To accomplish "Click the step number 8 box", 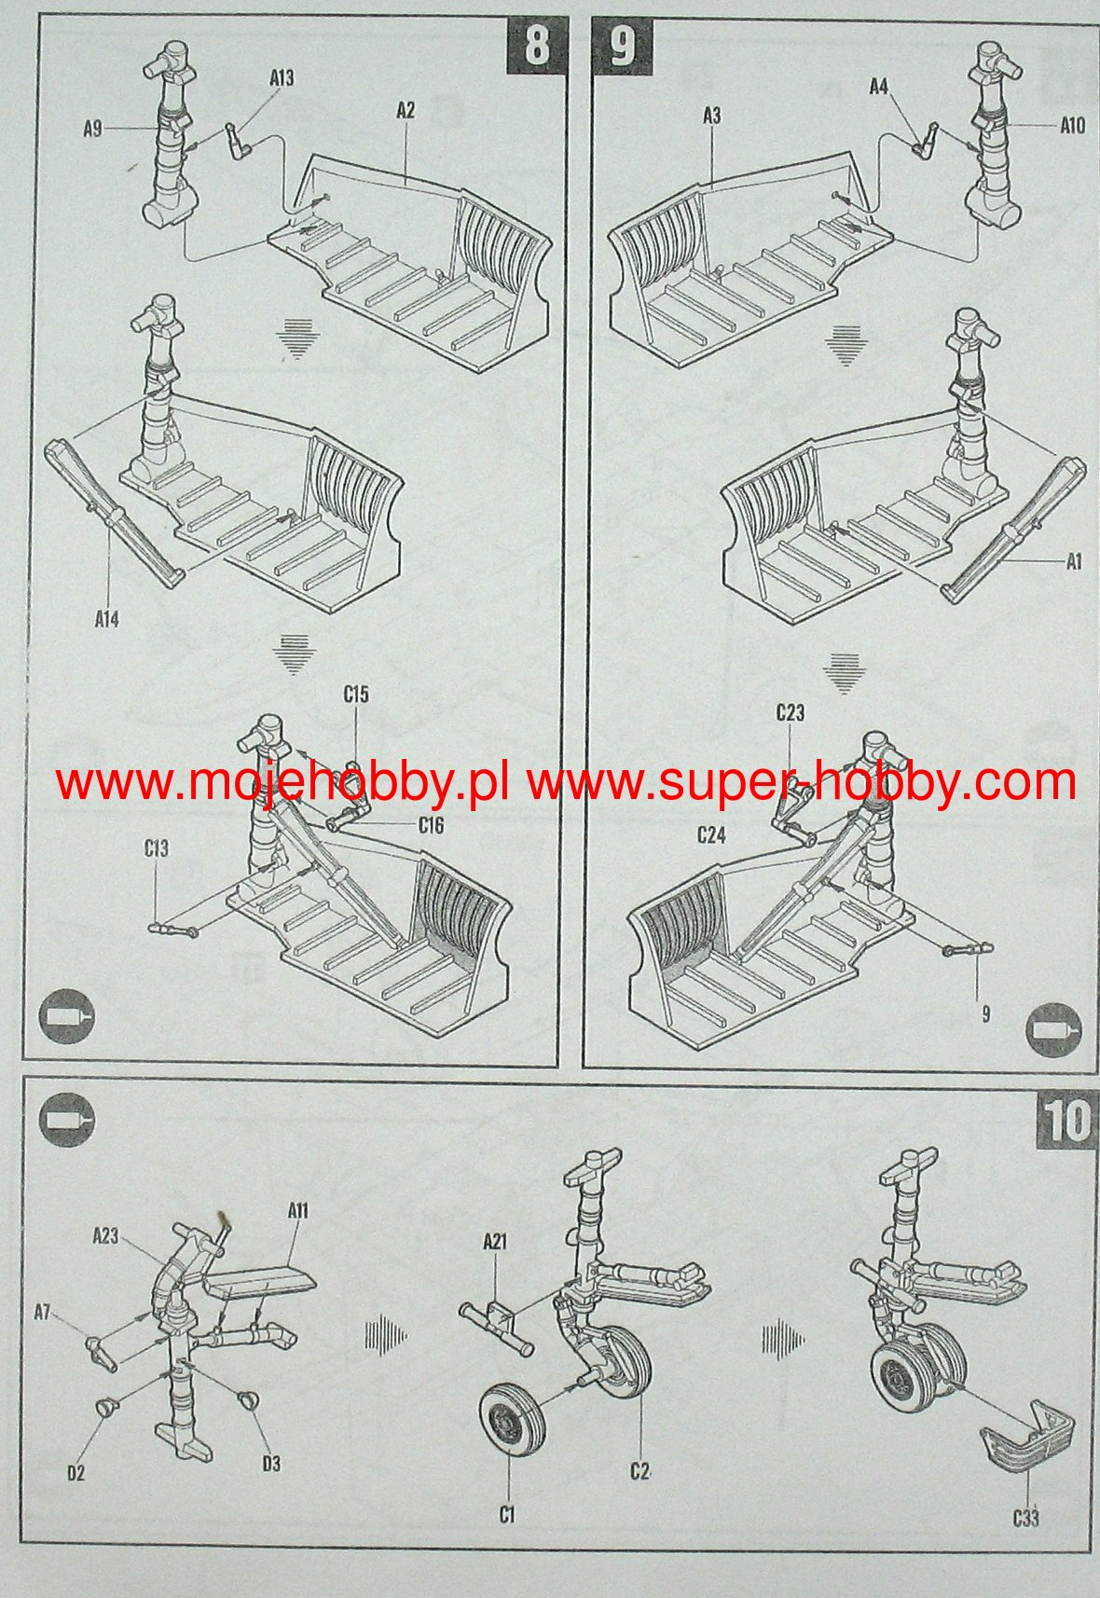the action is point(536,45).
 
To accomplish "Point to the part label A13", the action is point(282,77).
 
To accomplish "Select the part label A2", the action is point(406,111).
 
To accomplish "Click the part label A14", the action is point(107,619).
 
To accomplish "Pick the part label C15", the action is point(357,694).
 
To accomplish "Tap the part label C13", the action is point(157,848).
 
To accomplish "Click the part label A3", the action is point(712,116).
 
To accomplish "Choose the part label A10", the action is point(1072,126).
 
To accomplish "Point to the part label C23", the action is point(791,712).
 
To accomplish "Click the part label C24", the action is point(712,833).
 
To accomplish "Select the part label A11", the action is point(298,1211).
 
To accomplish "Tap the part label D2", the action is point(76,1472).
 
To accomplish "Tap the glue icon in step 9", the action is point(1053,1030).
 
